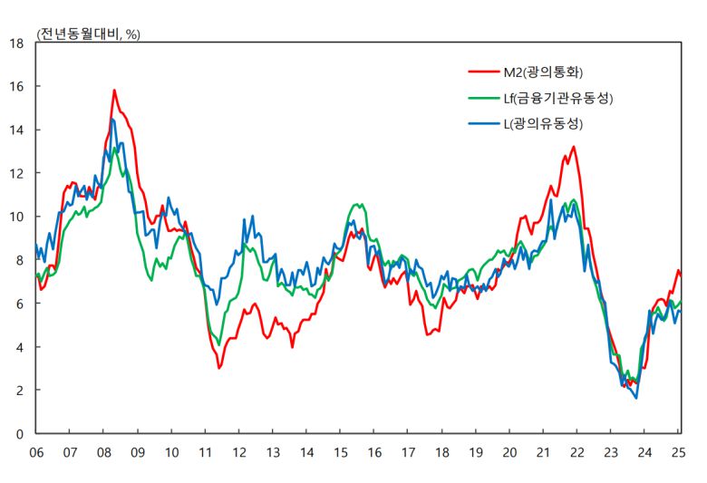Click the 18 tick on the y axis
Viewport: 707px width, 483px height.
click(15, 43)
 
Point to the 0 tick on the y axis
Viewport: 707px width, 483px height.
click(19, 434)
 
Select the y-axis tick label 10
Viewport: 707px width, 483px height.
click(15, 217)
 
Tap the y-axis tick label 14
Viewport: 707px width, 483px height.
click(15, 130)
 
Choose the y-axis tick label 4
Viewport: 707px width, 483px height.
click(19, 347)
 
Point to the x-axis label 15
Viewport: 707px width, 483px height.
click(340, 451)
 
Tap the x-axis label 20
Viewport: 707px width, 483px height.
click(509, 451)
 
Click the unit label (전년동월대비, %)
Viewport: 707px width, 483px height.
click(88, 34)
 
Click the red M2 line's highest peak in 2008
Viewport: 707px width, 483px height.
click(114, 91)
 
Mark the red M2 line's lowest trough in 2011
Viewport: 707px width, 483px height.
click(219, 368)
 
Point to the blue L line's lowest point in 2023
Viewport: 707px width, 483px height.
click(635, 398)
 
